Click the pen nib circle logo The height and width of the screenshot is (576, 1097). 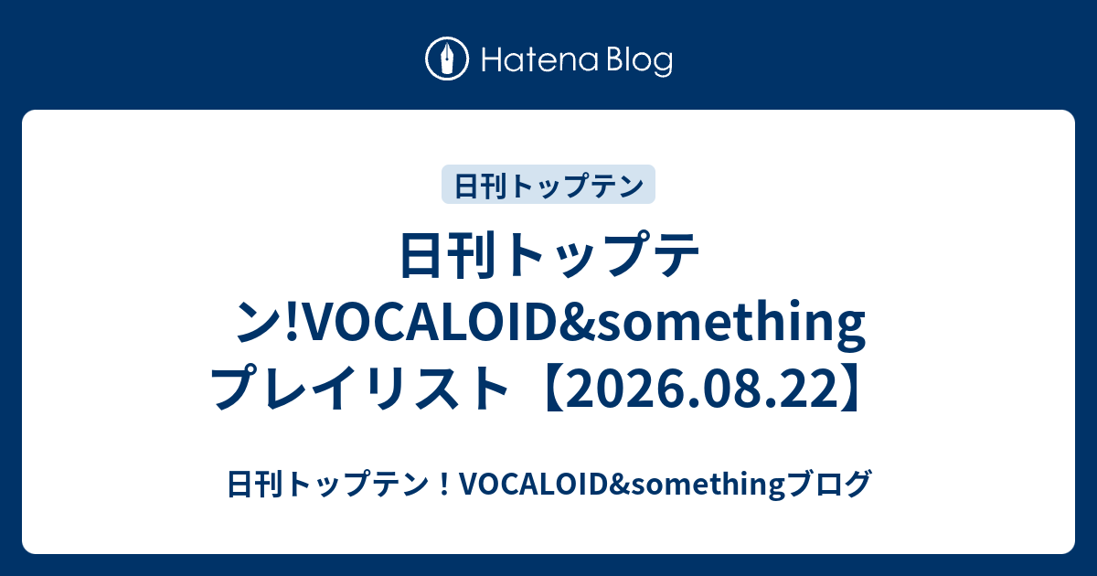coord(447,59)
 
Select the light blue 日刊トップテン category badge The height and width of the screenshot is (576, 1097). coord(548,184)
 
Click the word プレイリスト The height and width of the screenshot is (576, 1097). coord(359,387)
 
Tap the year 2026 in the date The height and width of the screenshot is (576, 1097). coord(625,388)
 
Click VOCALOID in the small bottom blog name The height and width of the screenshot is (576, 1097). coord(536,484)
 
